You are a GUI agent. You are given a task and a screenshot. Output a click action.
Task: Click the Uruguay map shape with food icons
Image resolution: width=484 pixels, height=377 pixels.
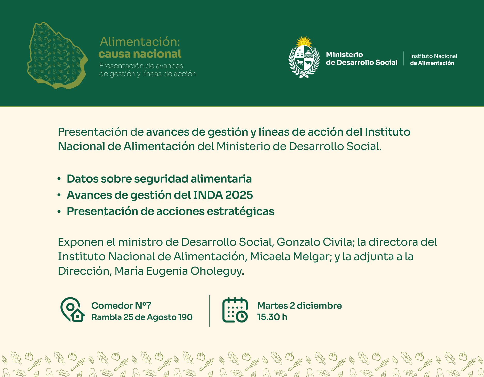(x=57, y=56)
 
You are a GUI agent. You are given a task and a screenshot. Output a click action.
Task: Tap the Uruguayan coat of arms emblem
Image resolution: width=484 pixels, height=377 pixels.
(x=304, y=57)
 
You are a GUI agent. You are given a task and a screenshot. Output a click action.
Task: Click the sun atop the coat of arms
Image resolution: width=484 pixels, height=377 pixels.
(x=304, y=41)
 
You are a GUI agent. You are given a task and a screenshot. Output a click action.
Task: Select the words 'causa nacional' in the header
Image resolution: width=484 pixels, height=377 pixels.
(x=140, y=54)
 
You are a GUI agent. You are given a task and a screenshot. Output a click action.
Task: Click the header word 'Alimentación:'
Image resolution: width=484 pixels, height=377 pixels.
(x=140, y=42)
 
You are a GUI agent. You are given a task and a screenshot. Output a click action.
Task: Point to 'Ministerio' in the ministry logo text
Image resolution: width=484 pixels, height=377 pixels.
(x=344, y=55)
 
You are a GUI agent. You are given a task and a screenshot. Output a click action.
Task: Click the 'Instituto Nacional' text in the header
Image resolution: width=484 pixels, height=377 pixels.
(x=433, y=56)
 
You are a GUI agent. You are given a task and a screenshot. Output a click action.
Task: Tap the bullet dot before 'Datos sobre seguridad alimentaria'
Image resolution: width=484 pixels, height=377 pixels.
(x=59, y=179)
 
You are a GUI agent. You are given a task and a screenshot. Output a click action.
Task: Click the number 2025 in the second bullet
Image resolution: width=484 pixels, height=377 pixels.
(x=239, y=195)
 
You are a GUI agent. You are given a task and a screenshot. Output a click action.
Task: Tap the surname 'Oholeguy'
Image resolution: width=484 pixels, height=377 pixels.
(x=217, y=271)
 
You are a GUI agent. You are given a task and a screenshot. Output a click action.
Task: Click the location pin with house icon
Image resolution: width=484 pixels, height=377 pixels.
(x=72, y=310)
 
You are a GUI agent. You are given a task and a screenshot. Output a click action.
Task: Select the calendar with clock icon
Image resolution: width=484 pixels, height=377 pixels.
(x=235, y=310)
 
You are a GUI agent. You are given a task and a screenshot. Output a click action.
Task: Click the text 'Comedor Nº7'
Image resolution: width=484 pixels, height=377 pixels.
(x=121, y=306)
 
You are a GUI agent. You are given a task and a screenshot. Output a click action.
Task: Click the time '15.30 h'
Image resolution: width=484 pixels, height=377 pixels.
(x=272, y=317)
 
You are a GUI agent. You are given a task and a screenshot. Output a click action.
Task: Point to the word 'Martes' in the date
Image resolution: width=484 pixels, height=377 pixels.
(x=273, y=306)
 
